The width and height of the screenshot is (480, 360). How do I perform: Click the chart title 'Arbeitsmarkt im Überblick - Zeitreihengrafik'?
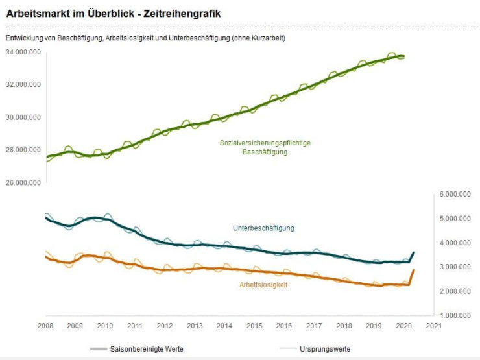tap(114, 13)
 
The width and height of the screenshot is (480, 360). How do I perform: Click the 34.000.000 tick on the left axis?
tap(23, 52)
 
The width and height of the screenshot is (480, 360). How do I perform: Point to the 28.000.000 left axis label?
tap(23, 150)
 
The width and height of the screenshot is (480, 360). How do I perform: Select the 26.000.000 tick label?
tap(23, 182)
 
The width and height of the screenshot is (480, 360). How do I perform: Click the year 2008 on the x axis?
tap(45, 326)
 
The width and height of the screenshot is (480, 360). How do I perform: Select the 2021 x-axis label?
tap(433, 326)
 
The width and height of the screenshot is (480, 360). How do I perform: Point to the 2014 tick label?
tap(224, 326)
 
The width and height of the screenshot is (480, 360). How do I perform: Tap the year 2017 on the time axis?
tap(314, 326)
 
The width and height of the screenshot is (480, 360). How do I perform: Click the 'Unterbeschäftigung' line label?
tap(263, 228)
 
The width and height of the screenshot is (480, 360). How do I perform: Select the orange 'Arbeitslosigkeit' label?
tap(263, 285)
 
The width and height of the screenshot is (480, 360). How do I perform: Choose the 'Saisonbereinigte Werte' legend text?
tap(147, 349)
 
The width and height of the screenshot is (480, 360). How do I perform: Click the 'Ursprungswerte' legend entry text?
tap(325, 349)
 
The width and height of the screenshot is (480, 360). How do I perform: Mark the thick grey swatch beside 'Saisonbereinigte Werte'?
tap(99, 349)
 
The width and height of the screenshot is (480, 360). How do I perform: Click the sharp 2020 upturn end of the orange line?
tap(414, 270)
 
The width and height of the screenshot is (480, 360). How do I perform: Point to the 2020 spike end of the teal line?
tap(414, 252)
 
